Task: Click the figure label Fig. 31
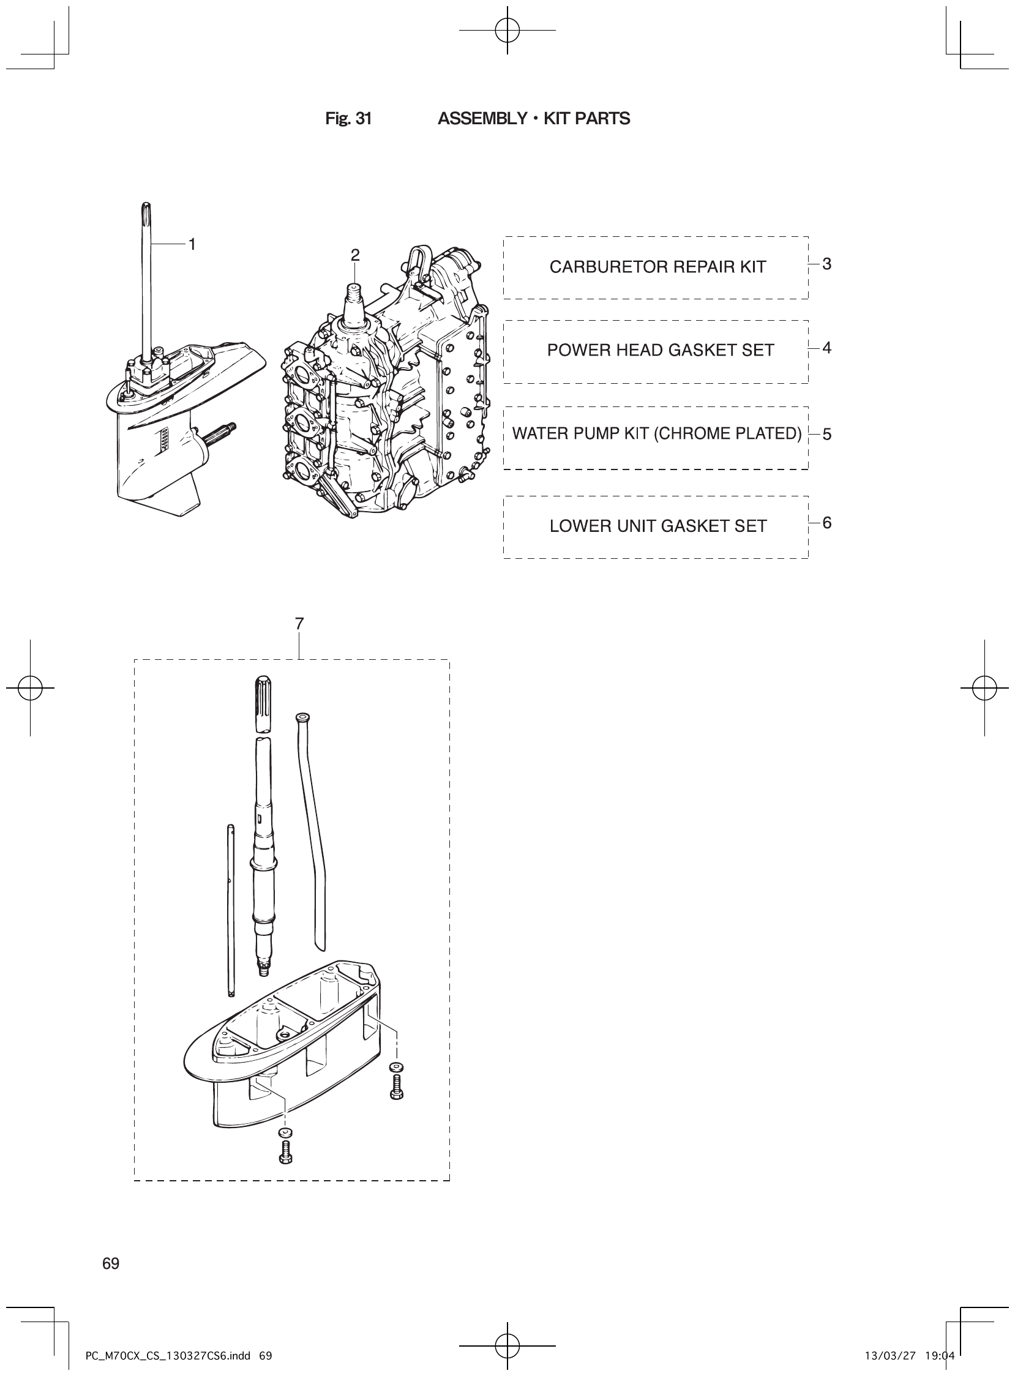point(348,119)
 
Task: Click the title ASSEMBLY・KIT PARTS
point(533,119)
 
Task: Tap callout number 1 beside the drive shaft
point(192,244)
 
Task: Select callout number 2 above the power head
point(355,255)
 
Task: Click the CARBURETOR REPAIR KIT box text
point(657,267)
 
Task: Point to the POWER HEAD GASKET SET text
point(660,350)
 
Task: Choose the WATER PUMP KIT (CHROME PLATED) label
point(656,434)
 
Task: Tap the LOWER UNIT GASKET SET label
point(657,526)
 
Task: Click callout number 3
point(826,264)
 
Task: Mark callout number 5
point(826,435)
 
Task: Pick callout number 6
point(826,523)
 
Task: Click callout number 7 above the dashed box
point(299,624)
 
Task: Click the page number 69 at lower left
point(111,1263)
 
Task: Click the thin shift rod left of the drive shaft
point(230,909)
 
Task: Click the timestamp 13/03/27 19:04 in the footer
point(908,1356)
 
